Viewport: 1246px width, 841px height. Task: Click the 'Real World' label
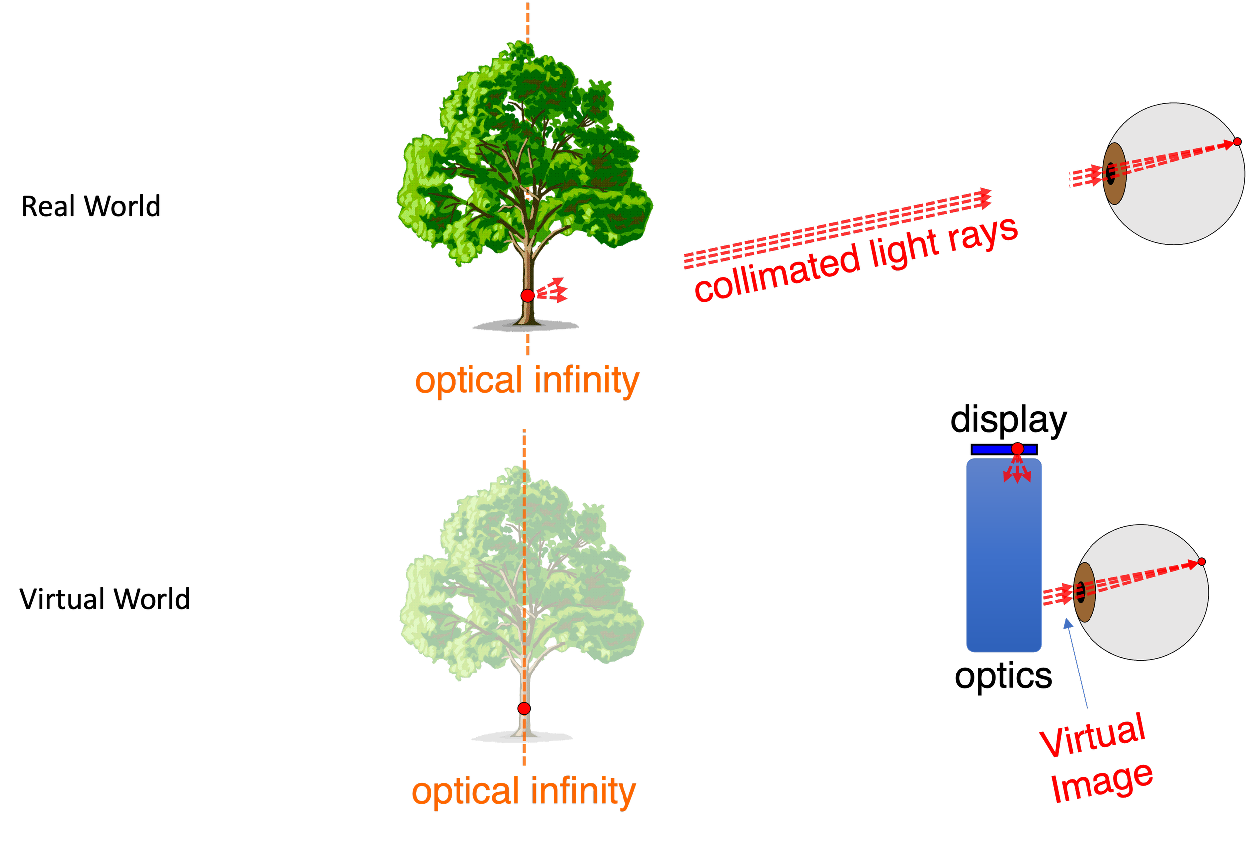pyautogui.click(x=91, y=206)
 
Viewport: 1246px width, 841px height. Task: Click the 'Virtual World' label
pyautogui.click(x=105, y=599)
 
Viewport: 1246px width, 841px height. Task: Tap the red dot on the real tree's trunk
pyautogui.click(x=528, y=295)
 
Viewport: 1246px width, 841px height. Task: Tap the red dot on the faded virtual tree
pyautogui.click(x=524, y=708)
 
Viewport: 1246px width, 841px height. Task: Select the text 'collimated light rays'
pyautogui.click(x=856, y=260)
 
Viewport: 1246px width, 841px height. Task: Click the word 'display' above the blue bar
pyautogui.click(x=1008, y=421)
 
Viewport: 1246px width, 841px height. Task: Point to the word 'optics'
pyautogui.click(x=1003, y=677)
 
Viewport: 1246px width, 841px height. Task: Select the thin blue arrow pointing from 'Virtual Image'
pyautogui.click(x=1077, y=663)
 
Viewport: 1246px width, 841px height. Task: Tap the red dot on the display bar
pyautogui.click(x=1018, y=448)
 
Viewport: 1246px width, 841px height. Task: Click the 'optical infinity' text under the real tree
pyautogui.click(x=528, y=381)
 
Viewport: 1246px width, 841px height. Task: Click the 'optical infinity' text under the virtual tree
pyautogui.click(x=524, y=791)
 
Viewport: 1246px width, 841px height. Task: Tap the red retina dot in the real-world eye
pyautogui.click(x=1237, y=142)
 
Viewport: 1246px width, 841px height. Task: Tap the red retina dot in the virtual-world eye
pyautogui.click(x=1202, y=561)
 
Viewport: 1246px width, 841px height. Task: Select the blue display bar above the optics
pyautogui.click(x=1004, y=449)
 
